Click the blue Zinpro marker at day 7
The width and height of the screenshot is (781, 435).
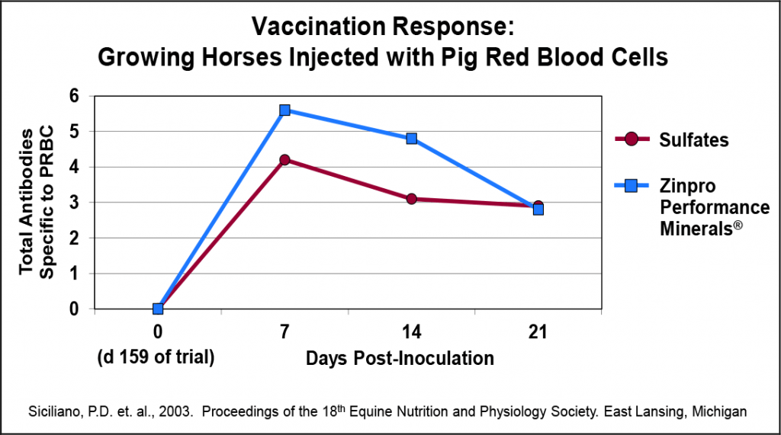[x=284, y=110]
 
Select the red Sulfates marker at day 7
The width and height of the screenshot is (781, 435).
[x=284, y=160]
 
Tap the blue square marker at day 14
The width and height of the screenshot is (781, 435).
[x=411, y=139]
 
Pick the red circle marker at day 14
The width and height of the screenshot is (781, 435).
[x=411, y=199]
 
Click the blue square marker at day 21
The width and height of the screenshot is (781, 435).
[x=538, y=210]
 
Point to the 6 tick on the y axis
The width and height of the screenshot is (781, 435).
[x=74, y=96]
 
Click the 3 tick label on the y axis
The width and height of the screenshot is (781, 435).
[x=74, y=203]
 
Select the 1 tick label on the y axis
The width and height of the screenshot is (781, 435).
[x=74, y=273]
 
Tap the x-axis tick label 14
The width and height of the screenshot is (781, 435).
[x=411, y=332]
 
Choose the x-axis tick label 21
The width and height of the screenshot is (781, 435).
[x=538, y=332]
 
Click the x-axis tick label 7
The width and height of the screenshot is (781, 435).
[x=284, y=332]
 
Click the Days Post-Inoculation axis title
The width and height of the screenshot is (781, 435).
[x=400, y=358]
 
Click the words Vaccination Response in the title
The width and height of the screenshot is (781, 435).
[x=384, y=27]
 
